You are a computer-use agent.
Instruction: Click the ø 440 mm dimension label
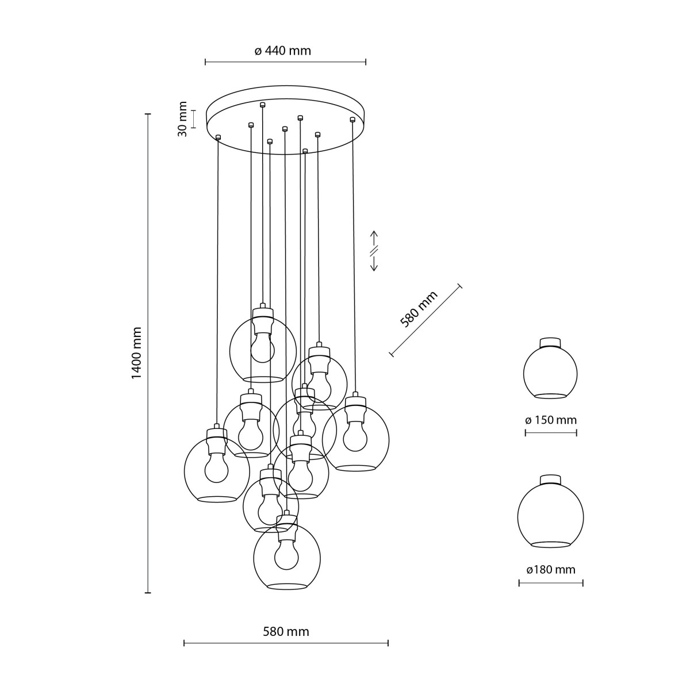pos(282,51)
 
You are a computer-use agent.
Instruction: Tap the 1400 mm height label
pos(136,353)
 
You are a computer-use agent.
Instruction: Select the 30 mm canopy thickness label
pos(183,119)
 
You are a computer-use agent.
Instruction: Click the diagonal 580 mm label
pos(419,309)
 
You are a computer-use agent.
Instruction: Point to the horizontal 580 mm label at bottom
pos(286,632)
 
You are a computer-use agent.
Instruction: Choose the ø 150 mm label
pos(550,420)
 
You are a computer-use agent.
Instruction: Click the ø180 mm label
pos(550,570)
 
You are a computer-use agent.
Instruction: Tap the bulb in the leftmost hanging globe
pos(216,466)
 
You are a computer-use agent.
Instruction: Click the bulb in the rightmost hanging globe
pos(355,436)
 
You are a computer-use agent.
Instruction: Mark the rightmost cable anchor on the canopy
pos(352,120)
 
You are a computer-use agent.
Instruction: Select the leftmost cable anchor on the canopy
pos(218,137)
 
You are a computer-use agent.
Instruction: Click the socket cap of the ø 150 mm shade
pos(550,342)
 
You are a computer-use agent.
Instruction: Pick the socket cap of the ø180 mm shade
pos(550,480)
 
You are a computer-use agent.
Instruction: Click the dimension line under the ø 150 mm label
pos(550,432)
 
